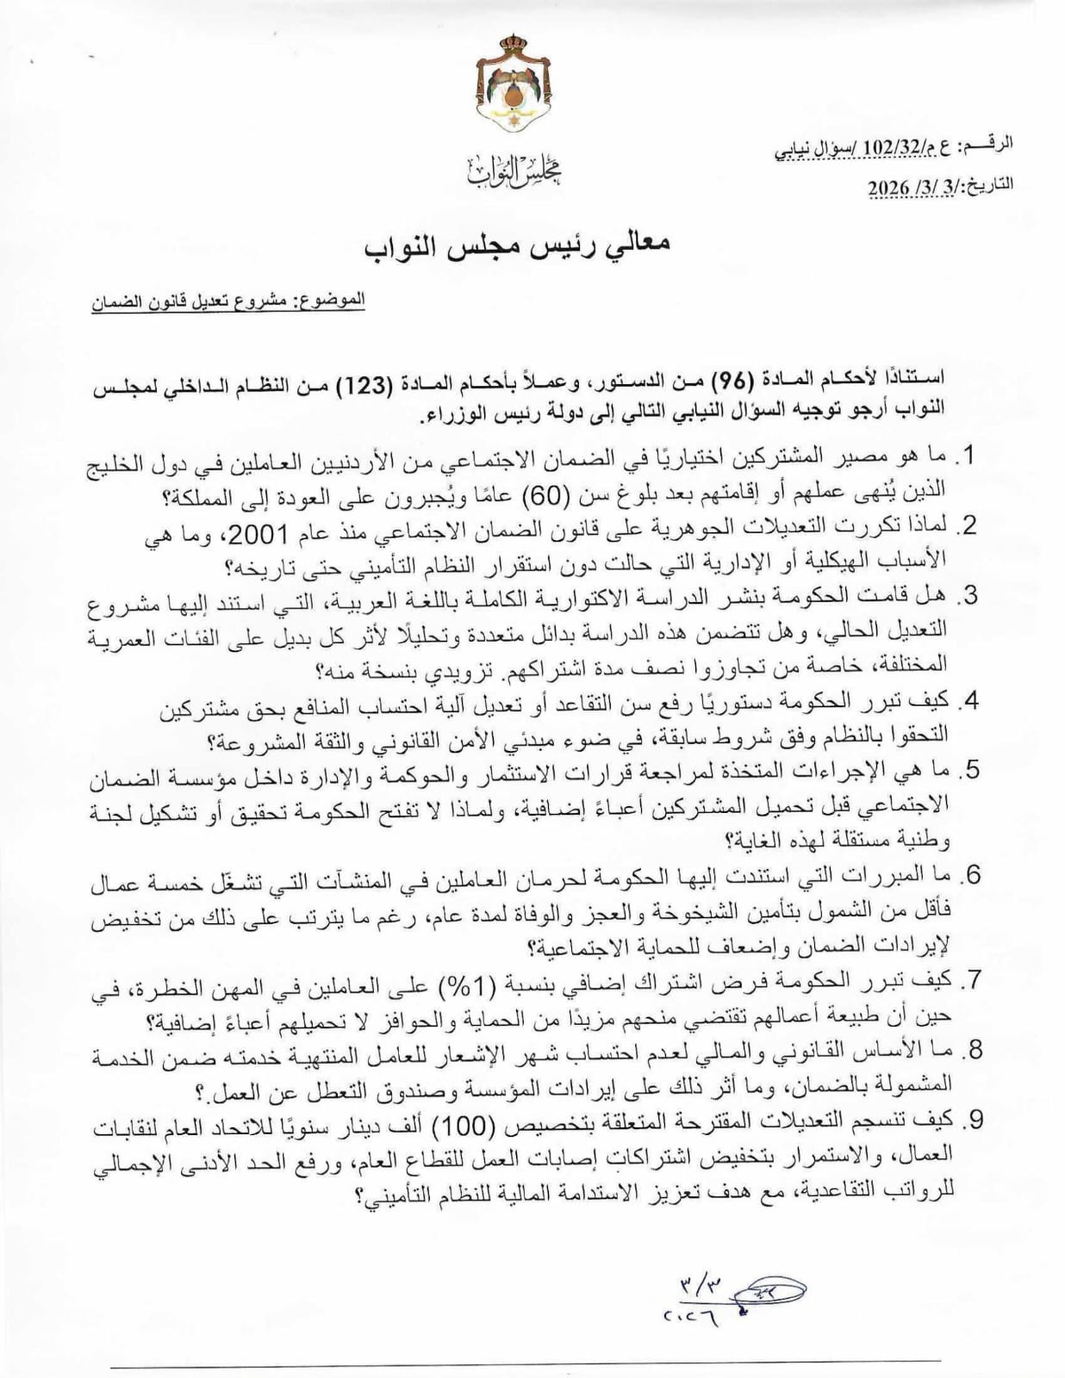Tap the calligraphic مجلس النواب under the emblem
(x=515, y=172)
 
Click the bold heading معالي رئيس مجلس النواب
(x=516, y=244)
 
